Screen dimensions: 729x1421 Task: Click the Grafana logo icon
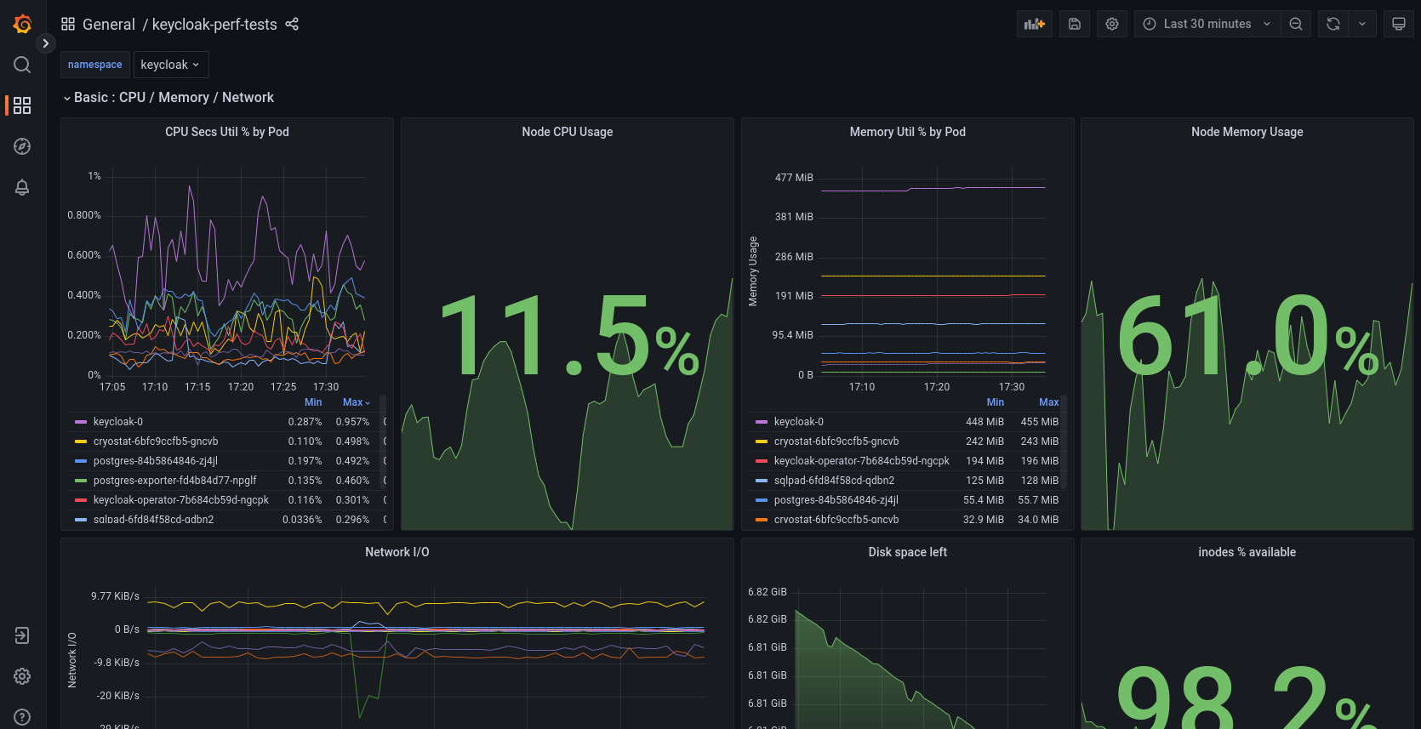pyautogui.click(x=23, y=24)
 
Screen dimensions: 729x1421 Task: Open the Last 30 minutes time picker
pyautogui.click(x=1207, y=24)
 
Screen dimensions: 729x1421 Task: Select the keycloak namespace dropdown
pyautogui.click(x=169, y=65)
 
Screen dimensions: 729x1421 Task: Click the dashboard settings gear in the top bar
pyautogui.click(x=1112, y=24)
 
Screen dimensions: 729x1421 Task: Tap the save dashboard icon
pyautogui.click(x=1075, y=24)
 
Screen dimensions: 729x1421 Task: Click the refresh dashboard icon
pyautogui.click(x=1333, y=24)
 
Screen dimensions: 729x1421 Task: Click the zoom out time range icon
pyautogui.click(x=1296, y=24)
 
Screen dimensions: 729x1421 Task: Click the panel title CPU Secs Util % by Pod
pyautogui.click(x=227, y=132)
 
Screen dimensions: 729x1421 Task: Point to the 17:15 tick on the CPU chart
pyautogui.click(x=197, y=387)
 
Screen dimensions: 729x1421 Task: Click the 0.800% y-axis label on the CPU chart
pyautogui.click(x=84, y=215)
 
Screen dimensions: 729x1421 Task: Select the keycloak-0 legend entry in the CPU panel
pyautogui.click(x=118, y=422)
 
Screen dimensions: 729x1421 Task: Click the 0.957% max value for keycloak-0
pyautogui.click(x=352, y=422)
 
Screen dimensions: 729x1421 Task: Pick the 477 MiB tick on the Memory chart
pyautogui.click(x=794, y=178)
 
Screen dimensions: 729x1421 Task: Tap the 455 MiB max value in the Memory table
pyautogui.click(x=1040, y=422)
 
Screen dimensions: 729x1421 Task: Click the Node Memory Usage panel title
pyautogui.click(x=1247, y=132)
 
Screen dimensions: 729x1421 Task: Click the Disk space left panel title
pyautogui.click(x=907, y=552)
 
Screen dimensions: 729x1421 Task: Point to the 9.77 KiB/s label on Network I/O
pyautogui.click(x=115, y=596)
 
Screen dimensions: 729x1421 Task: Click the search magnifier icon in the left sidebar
pyautogui.click(x=22, y=65)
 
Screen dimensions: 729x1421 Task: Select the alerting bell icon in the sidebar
pyautogui.click(x=22, y=187)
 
